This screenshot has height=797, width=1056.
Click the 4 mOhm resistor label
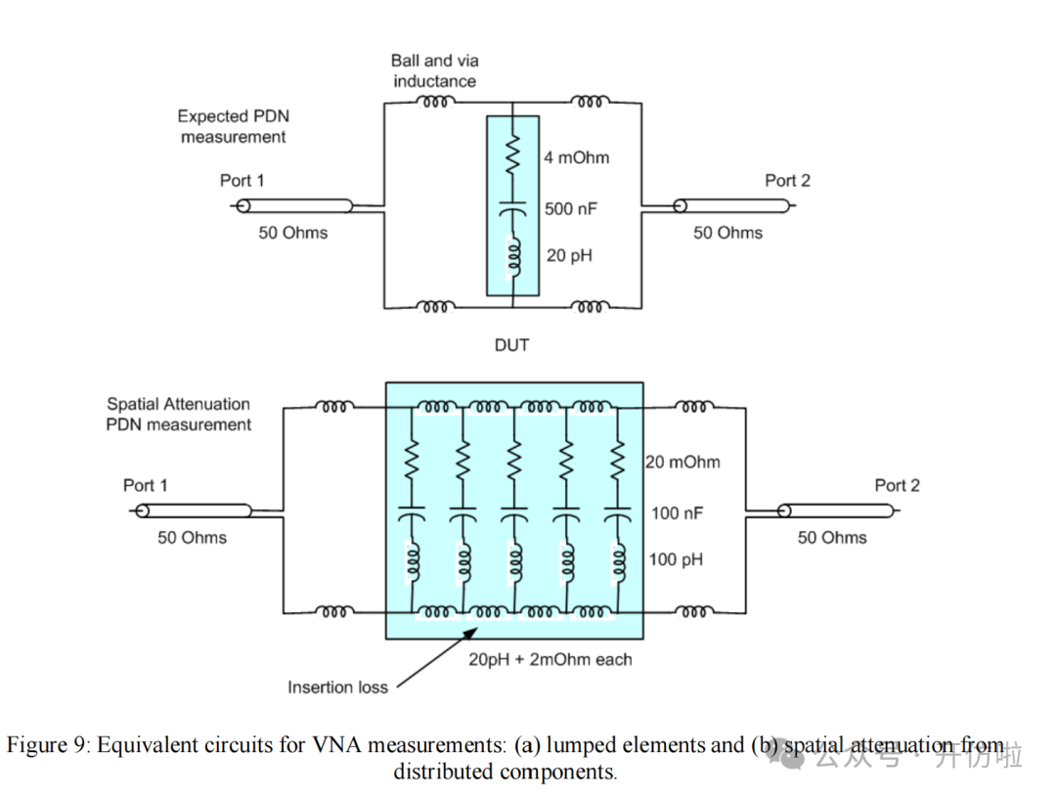[x=576, y=157]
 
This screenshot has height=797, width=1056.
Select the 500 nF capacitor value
[x=571, y=208]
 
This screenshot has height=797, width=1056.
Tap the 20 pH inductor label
[x=569, y=255]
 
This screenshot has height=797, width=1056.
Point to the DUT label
[x=512, y=345]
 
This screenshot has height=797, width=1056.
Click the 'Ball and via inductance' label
[x=435, y=70]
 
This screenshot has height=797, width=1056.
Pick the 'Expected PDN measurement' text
[x=235, y=126]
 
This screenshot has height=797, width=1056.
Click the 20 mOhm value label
[x=682, y=462]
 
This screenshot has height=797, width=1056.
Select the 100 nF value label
[x=677, y=512]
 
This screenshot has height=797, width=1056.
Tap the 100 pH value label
[x=676, y=560]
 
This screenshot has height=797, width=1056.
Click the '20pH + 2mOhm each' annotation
[x=550, y=659]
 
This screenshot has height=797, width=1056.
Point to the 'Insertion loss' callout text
[x=337, y=687]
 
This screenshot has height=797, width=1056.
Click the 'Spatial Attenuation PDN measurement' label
[x=178, y=414]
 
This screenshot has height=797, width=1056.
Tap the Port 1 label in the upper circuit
[x=242, y=180]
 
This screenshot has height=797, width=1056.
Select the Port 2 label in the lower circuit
[x=897, y=485]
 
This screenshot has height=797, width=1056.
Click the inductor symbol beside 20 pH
[x=511, y=256]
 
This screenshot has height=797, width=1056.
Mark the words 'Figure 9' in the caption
[x=47, y=745]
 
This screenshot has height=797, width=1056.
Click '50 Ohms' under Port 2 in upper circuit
[x=727, y=233]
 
